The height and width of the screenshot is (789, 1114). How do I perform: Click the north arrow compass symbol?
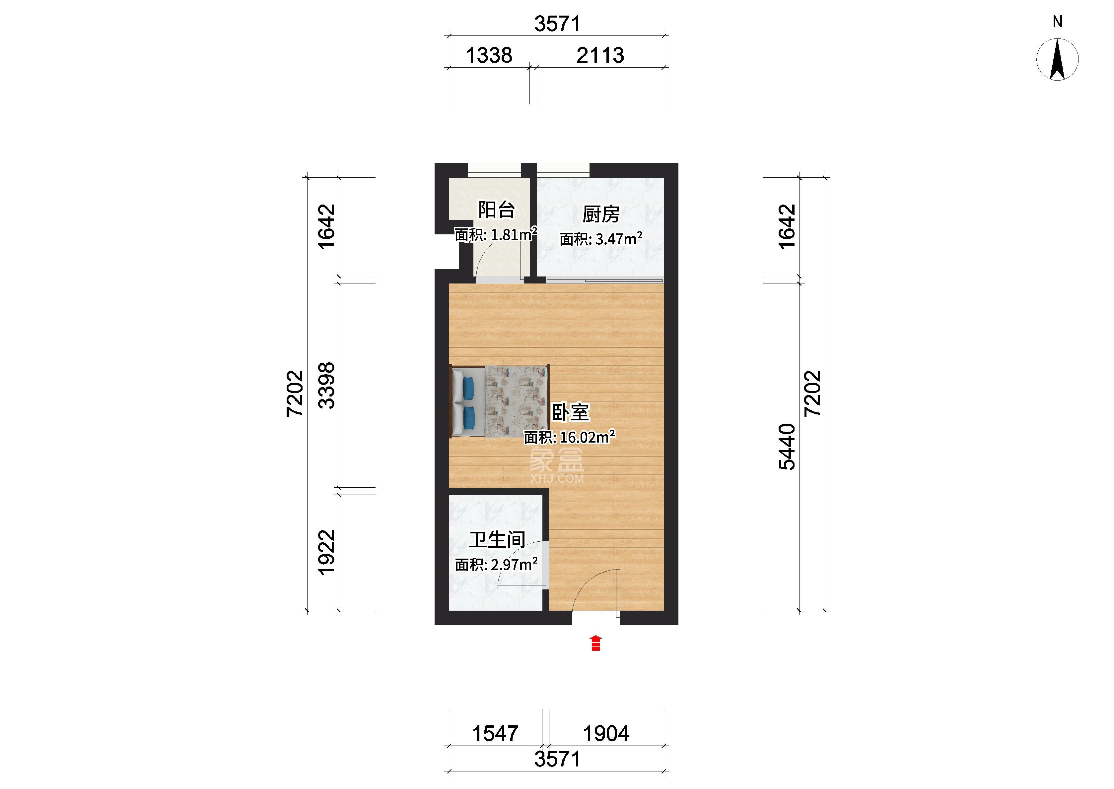coord(1057,59)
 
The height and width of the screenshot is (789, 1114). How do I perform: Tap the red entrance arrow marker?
coord(596,643)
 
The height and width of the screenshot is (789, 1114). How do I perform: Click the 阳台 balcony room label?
coord(496,210)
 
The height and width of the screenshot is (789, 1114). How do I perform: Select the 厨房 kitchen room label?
coord(601,214)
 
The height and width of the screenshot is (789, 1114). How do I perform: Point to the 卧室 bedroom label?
coord(570,412)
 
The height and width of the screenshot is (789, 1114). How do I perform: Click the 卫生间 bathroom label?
coord(497,540)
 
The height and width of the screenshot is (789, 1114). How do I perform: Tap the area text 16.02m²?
coord(588,437)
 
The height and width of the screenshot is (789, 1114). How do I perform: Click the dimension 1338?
coord(489,55)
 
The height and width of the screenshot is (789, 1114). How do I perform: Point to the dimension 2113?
coord(600,55)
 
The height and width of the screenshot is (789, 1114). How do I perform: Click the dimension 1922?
coord(327,552)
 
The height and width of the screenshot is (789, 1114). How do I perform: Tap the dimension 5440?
coord(787,447)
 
